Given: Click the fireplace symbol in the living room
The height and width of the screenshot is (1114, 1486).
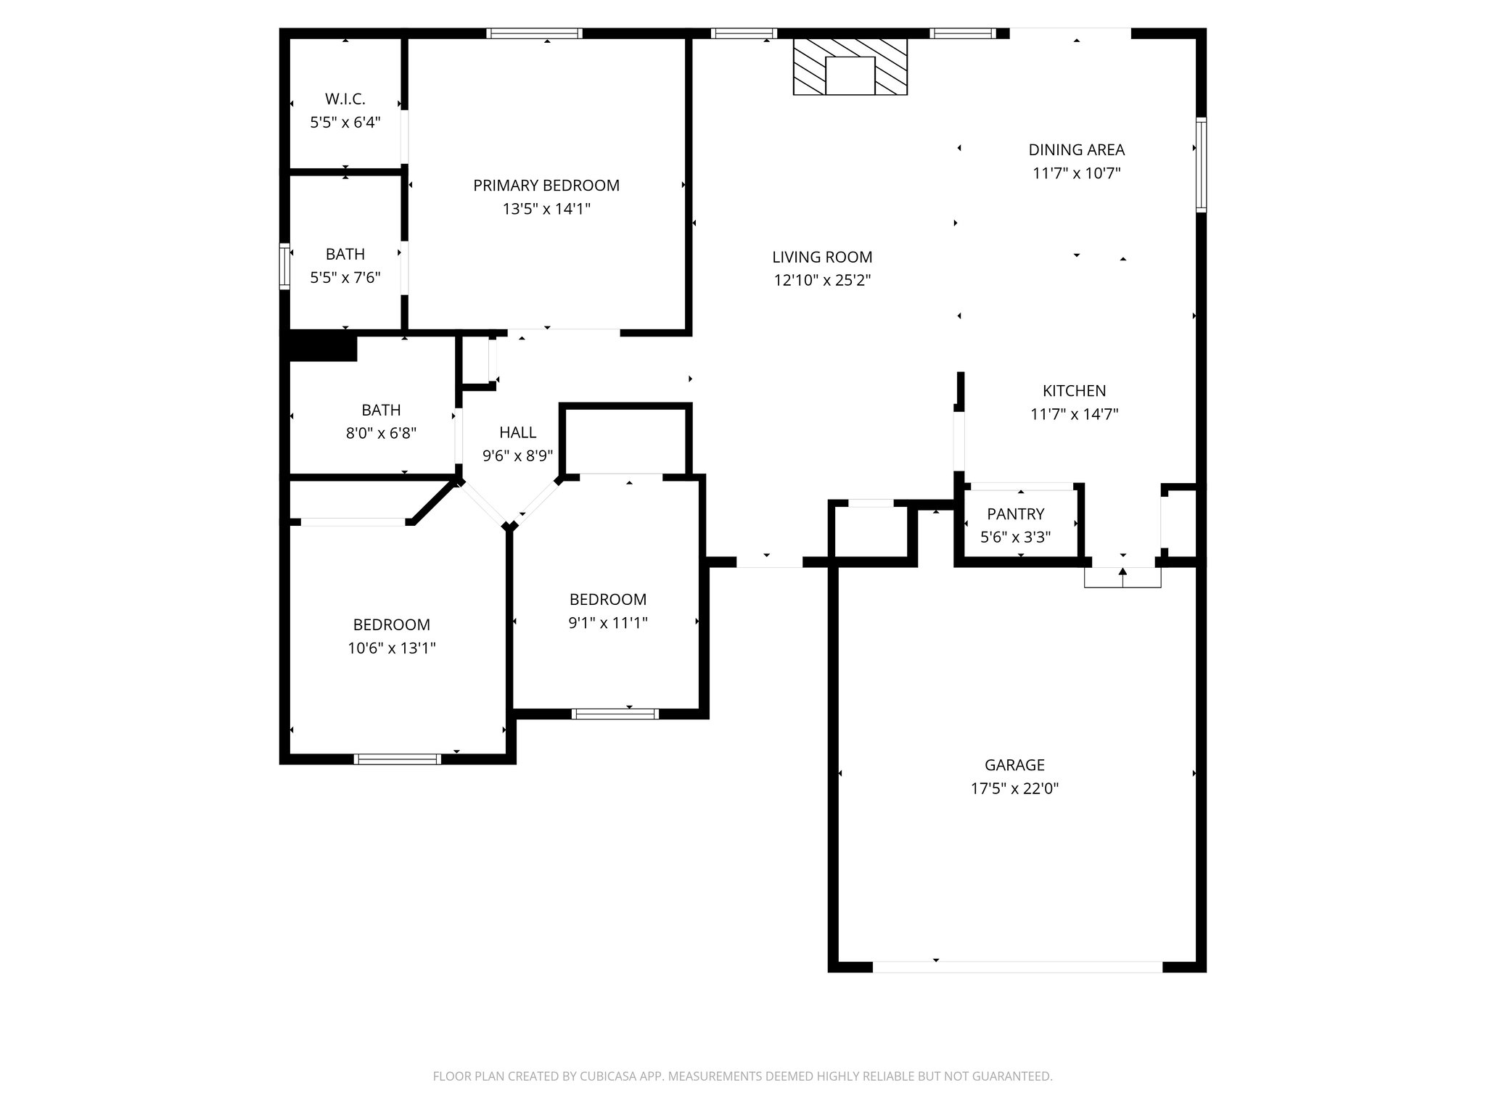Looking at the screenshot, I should [850, 67].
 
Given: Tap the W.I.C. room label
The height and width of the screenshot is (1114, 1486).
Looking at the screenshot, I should [345, 99].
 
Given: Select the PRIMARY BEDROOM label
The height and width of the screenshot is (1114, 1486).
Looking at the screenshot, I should [546, 186].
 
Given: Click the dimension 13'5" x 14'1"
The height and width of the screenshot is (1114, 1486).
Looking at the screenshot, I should [546, 210].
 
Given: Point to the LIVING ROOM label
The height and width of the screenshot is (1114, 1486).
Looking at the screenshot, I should [821, 257].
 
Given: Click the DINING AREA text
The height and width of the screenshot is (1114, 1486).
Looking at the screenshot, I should [1076, 150].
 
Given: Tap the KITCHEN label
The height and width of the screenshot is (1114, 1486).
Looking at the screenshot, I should [1074, 391].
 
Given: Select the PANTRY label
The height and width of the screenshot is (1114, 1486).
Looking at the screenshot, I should [1015, 514].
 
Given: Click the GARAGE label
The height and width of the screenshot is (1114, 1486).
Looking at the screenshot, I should [1014, 764].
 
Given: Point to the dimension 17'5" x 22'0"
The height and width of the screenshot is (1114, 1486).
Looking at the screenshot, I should [1014, 788].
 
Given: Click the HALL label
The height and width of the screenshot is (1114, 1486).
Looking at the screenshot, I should [517, 433].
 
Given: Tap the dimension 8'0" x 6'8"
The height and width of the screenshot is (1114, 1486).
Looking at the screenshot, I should [380, 434].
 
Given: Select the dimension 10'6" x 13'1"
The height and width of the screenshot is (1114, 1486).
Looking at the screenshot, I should [391, 648].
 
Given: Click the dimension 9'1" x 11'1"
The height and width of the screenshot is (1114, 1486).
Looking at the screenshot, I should [607, 623].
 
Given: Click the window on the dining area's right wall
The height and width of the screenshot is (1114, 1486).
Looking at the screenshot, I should [1201, 165].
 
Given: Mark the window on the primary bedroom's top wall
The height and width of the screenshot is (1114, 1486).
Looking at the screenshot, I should [534, 33].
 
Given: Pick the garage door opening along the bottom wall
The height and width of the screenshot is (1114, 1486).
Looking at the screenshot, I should [1017, 967].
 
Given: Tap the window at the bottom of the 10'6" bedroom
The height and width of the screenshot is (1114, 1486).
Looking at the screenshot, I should [397, 759].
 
